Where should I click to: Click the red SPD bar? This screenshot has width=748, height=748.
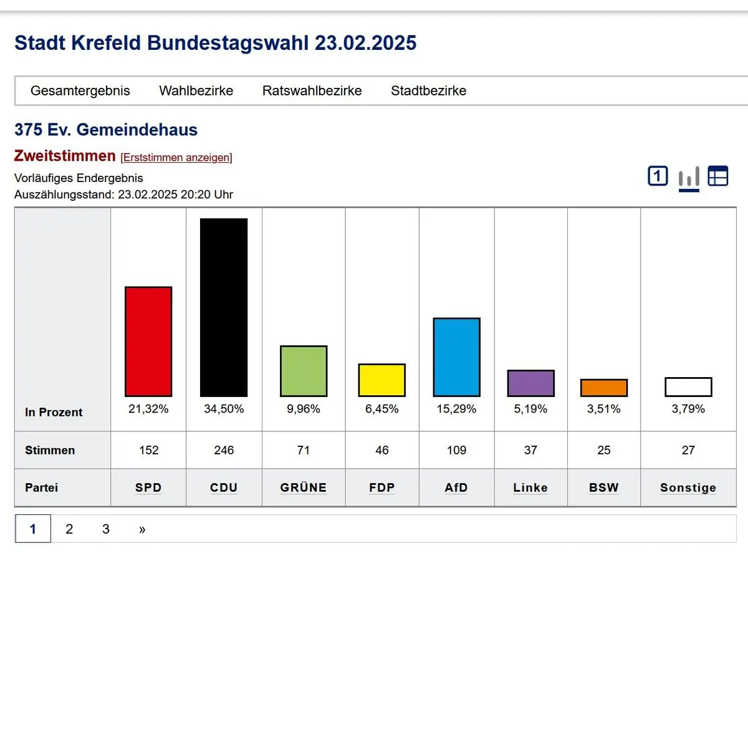(x=148, y=342)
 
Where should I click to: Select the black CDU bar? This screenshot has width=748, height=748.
(x=224, y=307)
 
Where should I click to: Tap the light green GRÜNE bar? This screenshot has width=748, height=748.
(x=304, y=371)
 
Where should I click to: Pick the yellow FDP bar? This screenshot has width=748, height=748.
(x=381, y=380)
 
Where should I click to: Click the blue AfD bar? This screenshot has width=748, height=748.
(x=456, y=357)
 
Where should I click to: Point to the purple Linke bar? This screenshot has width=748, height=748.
(x=530, y=383)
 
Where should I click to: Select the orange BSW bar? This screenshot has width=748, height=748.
(x=603, y=388)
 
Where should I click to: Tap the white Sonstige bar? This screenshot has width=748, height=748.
(x=688, y=387)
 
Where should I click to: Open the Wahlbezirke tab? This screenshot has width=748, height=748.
(x=196, y=91)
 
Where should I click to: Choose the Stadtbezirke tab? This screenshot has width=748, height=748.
(x=428, y=91)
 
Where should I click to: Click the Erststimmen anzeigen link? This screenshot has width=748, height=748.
(x=176, y=158)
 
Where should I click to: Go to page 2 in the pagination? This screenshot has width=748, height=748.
(x=69, y=529)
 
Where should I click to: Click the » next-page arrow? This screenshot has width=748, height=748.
(x=142, y=529)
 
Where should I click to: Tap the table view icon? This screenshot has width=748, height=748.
(x=718, y=176)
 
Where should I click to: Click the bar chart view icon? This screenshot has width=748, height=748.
(x=689, y=178)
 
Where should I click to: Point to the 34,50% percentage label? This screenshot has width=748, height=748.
(x=224, y=409)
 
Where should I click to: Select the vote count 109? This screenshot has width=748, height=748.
(x=456, y=450)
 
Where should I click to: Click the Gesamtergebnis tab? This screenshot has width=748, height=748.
(x=80, y=91)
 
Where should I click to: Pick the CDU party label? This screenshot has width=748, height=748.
(x=224, y=487)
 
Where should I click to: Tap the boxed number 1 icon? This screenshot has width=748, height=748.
(x=658, y=176)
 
